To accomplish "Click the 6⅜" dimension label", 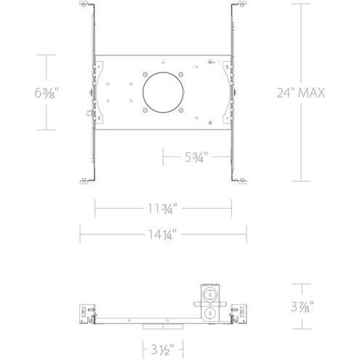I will pyautogui.click(x=47, y=93).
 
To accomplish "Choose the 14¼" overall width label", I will pyautogui.click(x=163, y=233).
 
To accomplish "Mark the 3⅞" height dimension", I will pyautogui.click(x=302, y=307).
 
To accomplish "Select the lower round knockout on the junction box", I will pyautogui.click(x=210, y=313).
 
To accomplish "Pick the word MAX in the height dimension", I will pyautogui.click(x=313, y=92).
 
